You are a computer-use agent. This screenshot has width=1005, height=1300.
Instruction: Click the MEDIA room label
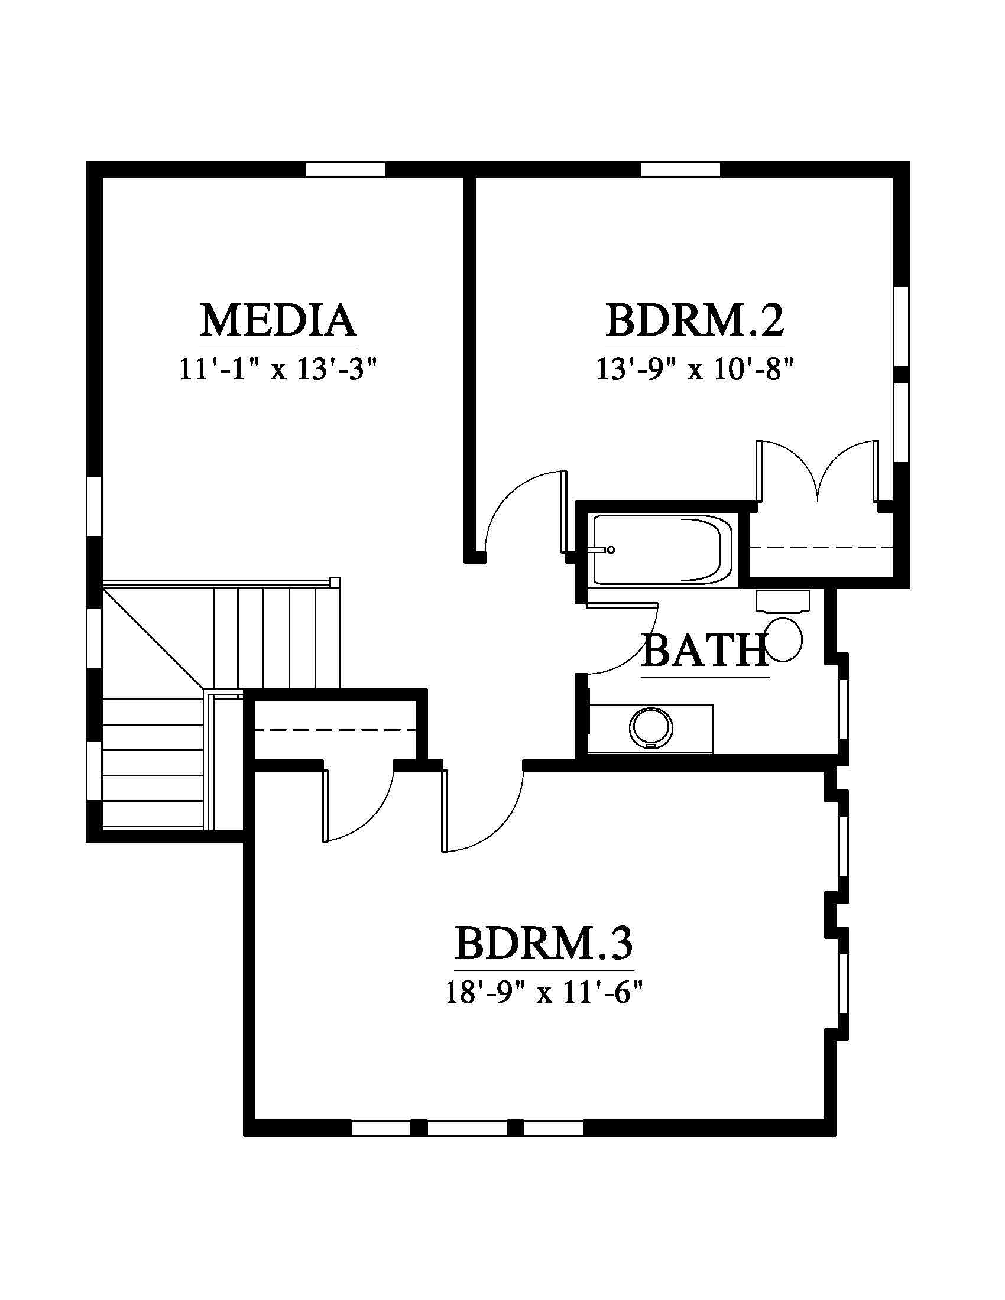(278, 320)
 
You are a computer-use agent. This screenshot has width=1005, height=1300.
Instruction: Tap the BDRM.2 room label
(695, 320)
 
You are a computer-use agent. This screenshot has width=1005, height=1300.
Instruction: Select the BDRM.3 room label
(544, 943)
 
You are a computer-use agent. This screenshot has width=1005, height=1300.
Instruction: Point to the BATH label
(705, 650)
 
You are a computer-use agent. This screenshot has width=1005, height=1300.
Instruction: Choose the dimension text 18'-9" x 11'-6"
(545, 993)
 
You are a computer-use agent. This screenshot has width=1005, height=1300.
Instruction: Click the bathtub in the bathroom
(662, 549)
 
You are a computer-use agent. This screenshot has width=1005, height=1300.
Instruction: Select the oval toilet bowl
(784, 639)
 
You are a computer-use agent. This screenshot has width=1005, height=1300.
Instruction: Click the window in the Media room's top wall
(345, 169)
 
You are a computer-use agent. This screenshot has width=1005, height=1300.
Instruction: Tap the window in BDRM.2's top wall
(680, 169)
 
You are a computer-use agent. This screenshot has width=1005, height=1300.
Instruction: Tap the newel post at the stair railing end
(335, 582)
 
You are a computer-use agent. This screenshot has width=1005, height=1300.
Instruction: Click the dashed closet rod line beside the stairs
(335, 730)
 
